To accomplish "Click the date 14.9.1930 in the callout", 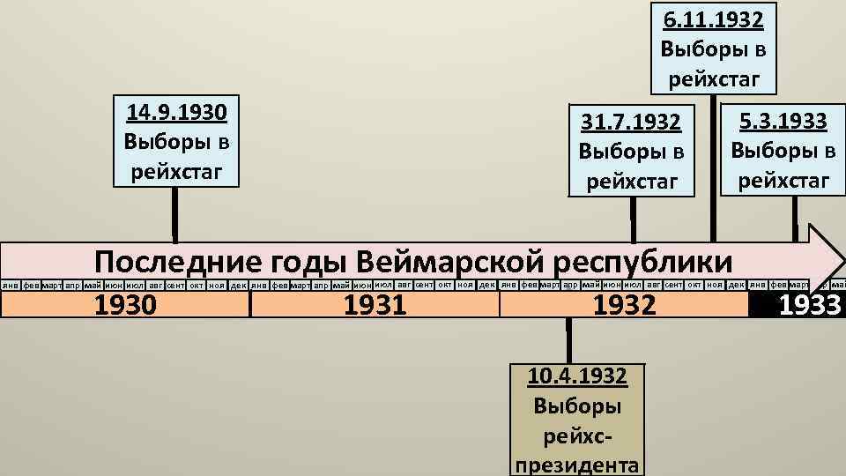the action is pyautogui.click(x=177, y=113).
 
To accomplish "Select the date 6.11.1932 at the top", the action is pyautogui.click(x=714, y=19).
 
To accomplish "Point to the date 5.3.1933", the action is pyautogui.click(x=783, y=120).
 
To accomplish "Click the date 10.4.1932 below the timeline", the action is pyautogui.click(x=577, y=376).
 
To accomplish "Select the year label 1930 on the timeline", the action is pyautogui.click(x=125, y=305).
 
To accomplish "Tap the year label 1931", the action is pyautogui.click(x=375, y=305).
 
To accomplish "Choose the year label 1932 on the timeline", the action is pyautogui.click(x=625, y=305).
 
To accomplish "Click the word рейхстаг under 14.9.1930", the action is pyautogui.click(x=177, y=170).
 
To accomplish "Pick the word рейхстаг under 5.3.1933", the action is pyautogui.click(x=783, y=180).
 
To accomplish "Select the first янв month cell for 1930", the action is pyautogui.click(x=10, y=286).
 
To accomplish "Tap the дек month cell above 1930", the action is pyautogui.click(x=238, y=286).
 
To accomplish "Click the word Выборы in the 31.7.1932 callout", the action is pyautogui.click(x=632, y=151).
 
